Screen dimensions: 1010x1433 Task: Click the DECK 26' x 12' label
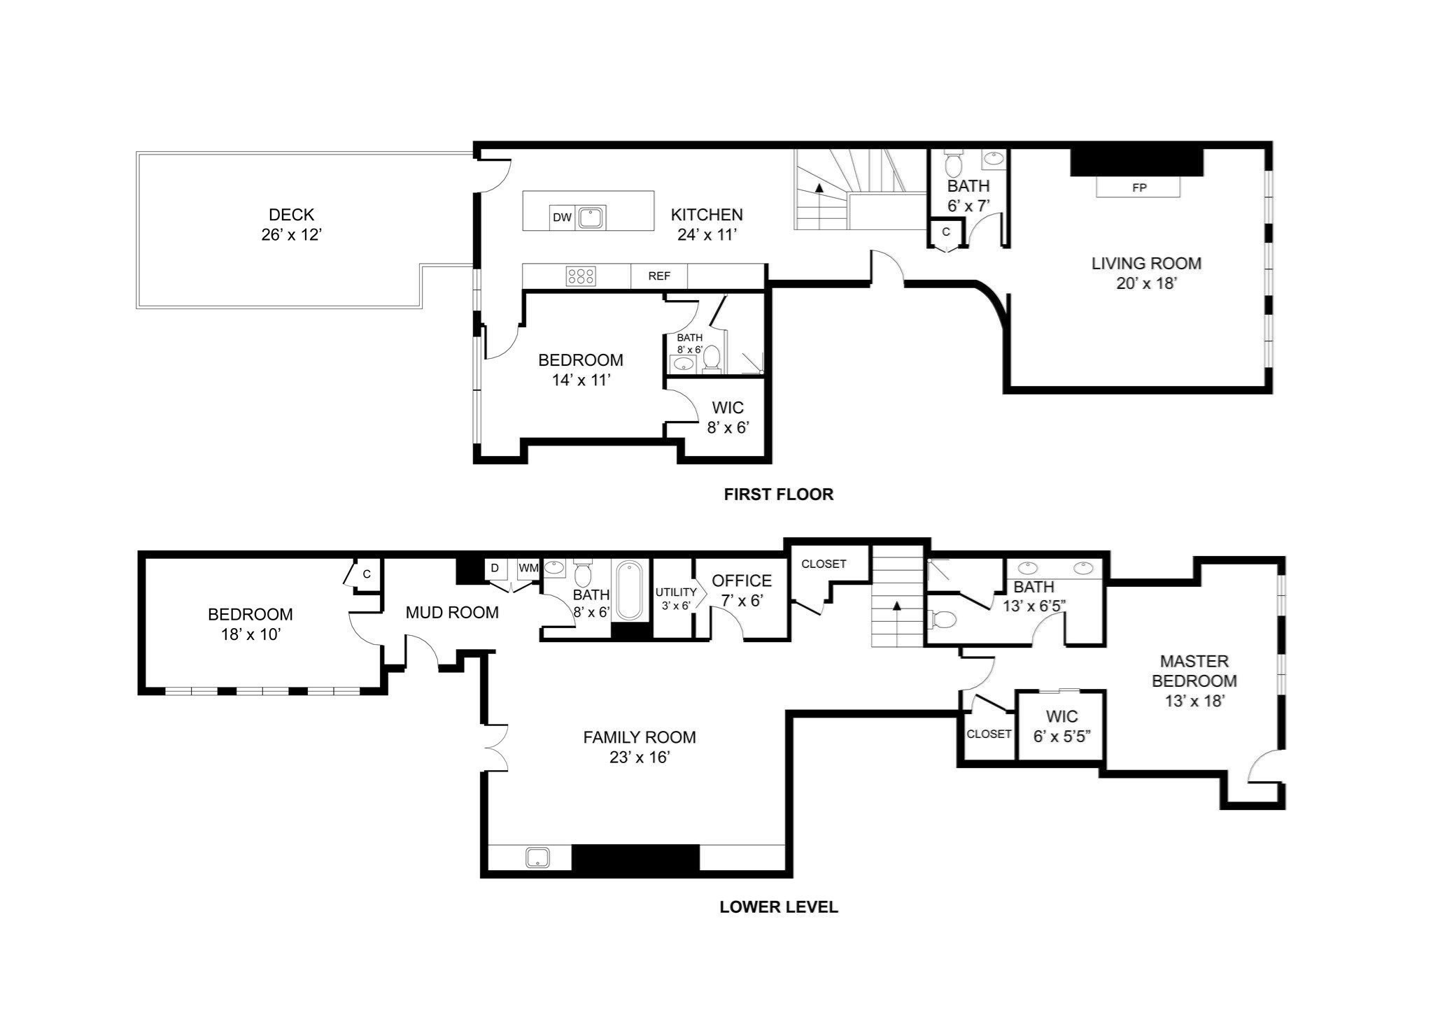[291, 225]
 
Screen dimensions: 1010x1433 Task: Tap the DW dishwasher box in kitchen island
[562, 218]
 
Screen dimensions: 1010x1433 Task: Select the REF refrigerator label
[659, 276]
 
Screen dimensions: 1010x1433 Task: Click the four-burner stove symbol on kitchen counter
[581, 276]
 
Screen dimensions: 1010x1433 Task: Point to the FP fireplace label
[1139, 187]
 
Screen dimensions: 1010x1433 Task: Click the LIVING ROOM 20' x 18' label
[1146, 273]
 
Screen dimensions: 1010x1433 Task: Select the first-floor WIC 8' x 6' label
[728, 418]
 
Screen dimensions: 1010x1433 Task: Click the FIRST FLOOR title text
[778, 495]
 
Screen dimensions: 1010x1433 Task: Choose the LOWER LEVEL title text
[778, 907]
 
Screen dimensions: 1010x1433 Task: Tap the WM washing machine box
[528, 568]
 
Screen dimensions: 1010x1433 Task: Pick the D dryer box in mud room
[495, 568]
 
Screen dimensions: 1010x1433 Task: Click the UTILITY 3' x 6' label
[675, 599]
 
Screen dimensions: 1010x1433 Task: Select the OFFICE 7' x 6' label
[742, 590]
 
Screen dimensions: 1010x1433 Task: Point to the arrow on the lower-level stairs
[896, 606]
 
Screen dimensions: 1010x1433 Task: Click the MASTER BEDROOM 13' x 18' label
[1194, 681]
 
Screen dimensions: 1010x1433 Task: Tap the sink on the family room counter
[537, 858]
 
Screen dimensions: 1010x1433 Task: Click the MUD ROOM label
[452, 613]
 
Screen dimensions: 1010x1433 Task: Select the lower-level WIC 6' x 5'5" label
[1061, 726]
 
